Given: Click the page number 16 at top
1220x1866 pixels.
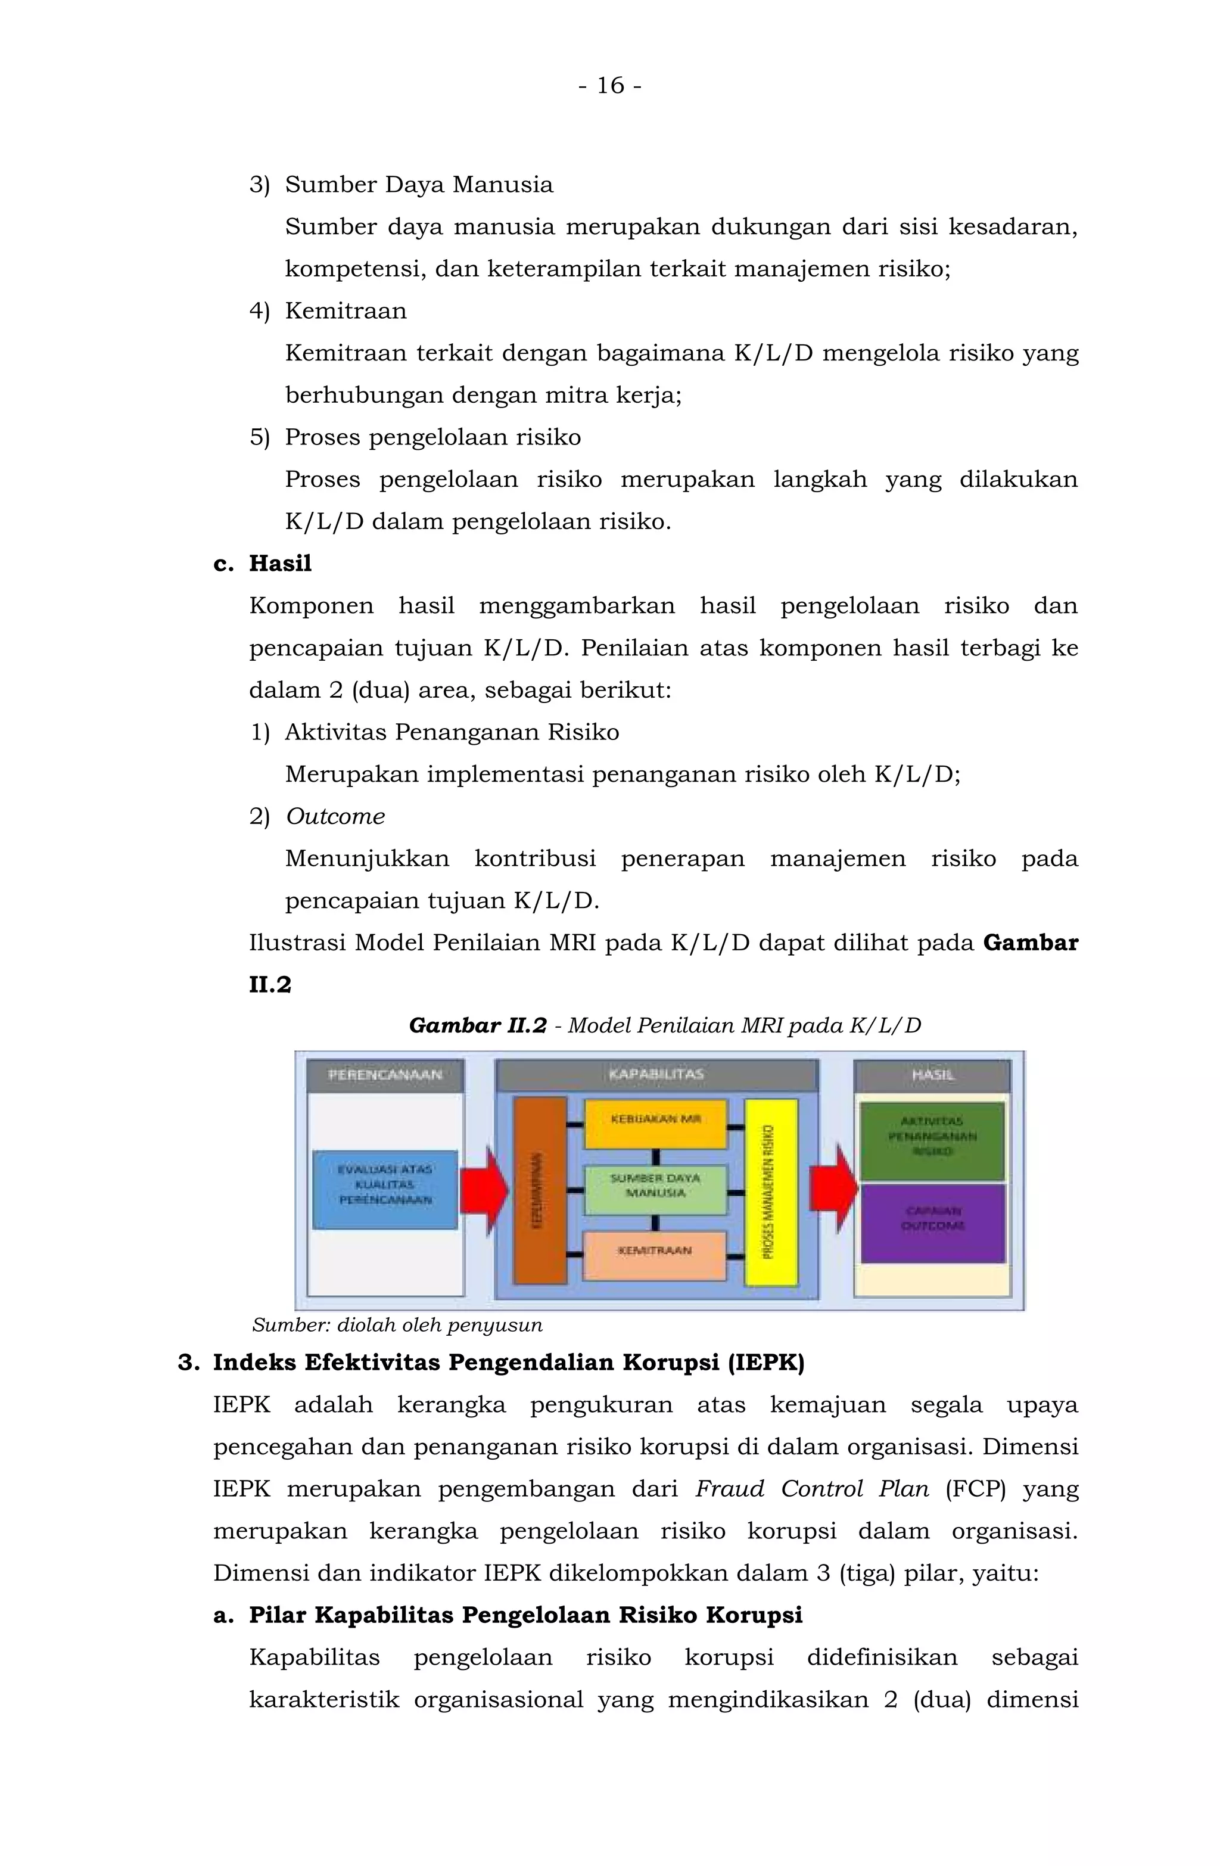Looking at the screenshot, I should (610, 85).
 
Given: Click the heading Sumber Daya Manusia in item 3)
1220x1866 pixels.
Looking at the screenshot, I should (419, 185).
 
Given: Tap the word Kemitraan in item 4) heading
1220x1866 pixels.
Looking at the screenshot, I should (346, 311).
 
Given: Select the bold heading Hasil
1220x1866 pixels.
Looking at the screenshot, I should (280, 564).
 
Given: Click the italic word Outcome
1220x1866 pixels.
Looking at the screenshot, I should (335, 816).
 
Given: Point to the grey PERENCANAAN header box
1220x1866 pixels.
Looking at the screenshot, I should (384, 1075).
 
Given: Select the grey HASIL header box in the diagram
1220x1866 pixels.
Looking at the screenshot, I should (932, 1075).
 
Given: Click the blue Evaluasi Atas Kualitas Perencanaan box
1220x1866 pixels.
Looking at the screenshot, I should (384, 1189).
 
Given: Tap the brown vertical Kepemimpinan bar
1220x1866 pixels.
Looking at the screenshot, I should (540, 1189).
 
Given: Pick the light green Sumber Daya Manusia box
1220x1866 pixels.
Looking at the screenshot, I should (655, 1189).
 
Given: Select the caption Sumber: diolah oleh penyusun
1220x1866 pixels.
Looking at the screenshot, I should (397, 1325).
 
